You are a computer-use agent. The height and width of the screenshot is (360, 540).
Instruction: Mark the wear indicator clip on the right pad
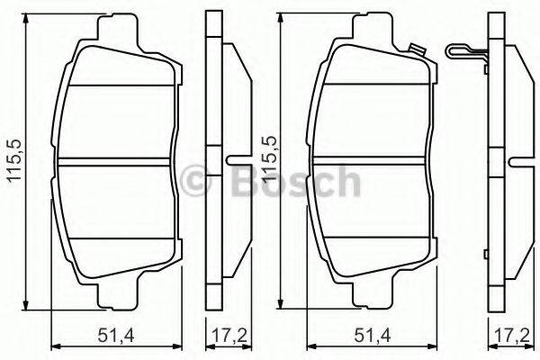click(x=415, y=50)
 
